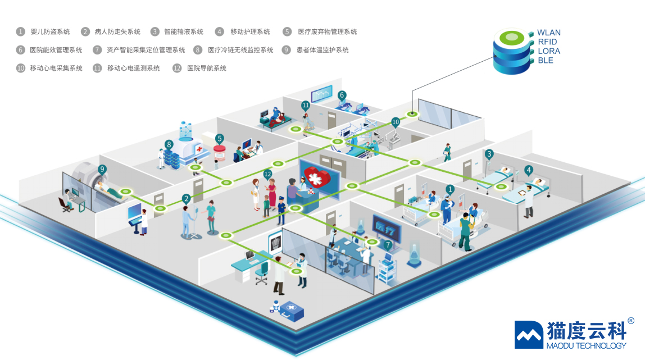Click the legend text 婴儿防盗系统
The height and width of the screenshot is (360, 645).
click(x=50, y=31)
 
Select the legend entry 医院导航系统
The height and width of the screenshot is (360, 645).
click(x=207, y=68)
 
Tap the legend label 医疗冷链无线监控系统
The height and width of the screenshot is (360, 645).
click(x=240, y=50)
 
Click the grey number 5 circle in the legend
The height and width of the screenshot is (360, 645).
click(x=287, y=31)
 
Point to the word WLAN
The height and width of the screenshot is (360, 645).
click(x=549, y=33)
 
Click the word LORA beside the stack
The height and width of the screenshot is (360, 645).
click(x=549, y=51)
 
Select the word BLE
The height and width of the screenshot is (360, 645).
click(x=546, y=61)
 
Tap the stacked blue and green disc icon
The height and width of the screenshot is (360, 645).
click(x=512, y=51)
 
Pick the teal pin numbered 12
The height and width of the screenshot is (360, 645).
click(x=268, y=175)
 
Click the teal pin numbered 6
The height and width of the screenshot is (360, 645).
click(x=342, y=96)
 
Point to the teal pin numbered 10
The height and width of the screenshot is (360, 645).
click(x=396, y=122)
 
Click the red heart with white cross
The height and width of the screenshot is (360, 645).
click(x=317, y=177)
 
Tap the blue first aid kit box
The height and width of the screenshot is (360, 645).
click(x=291, y=311)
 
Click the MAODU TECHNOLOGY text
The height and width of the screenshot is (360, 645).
click(x=586, y=346)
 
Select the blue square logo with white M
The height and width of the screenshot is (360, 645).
click(x=529, y=335)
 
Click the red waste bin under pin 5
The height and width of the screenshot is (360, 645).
click(x=219, y=153)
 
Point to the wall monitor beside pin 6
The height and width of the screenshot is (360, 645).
click(x=321, y=94)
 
